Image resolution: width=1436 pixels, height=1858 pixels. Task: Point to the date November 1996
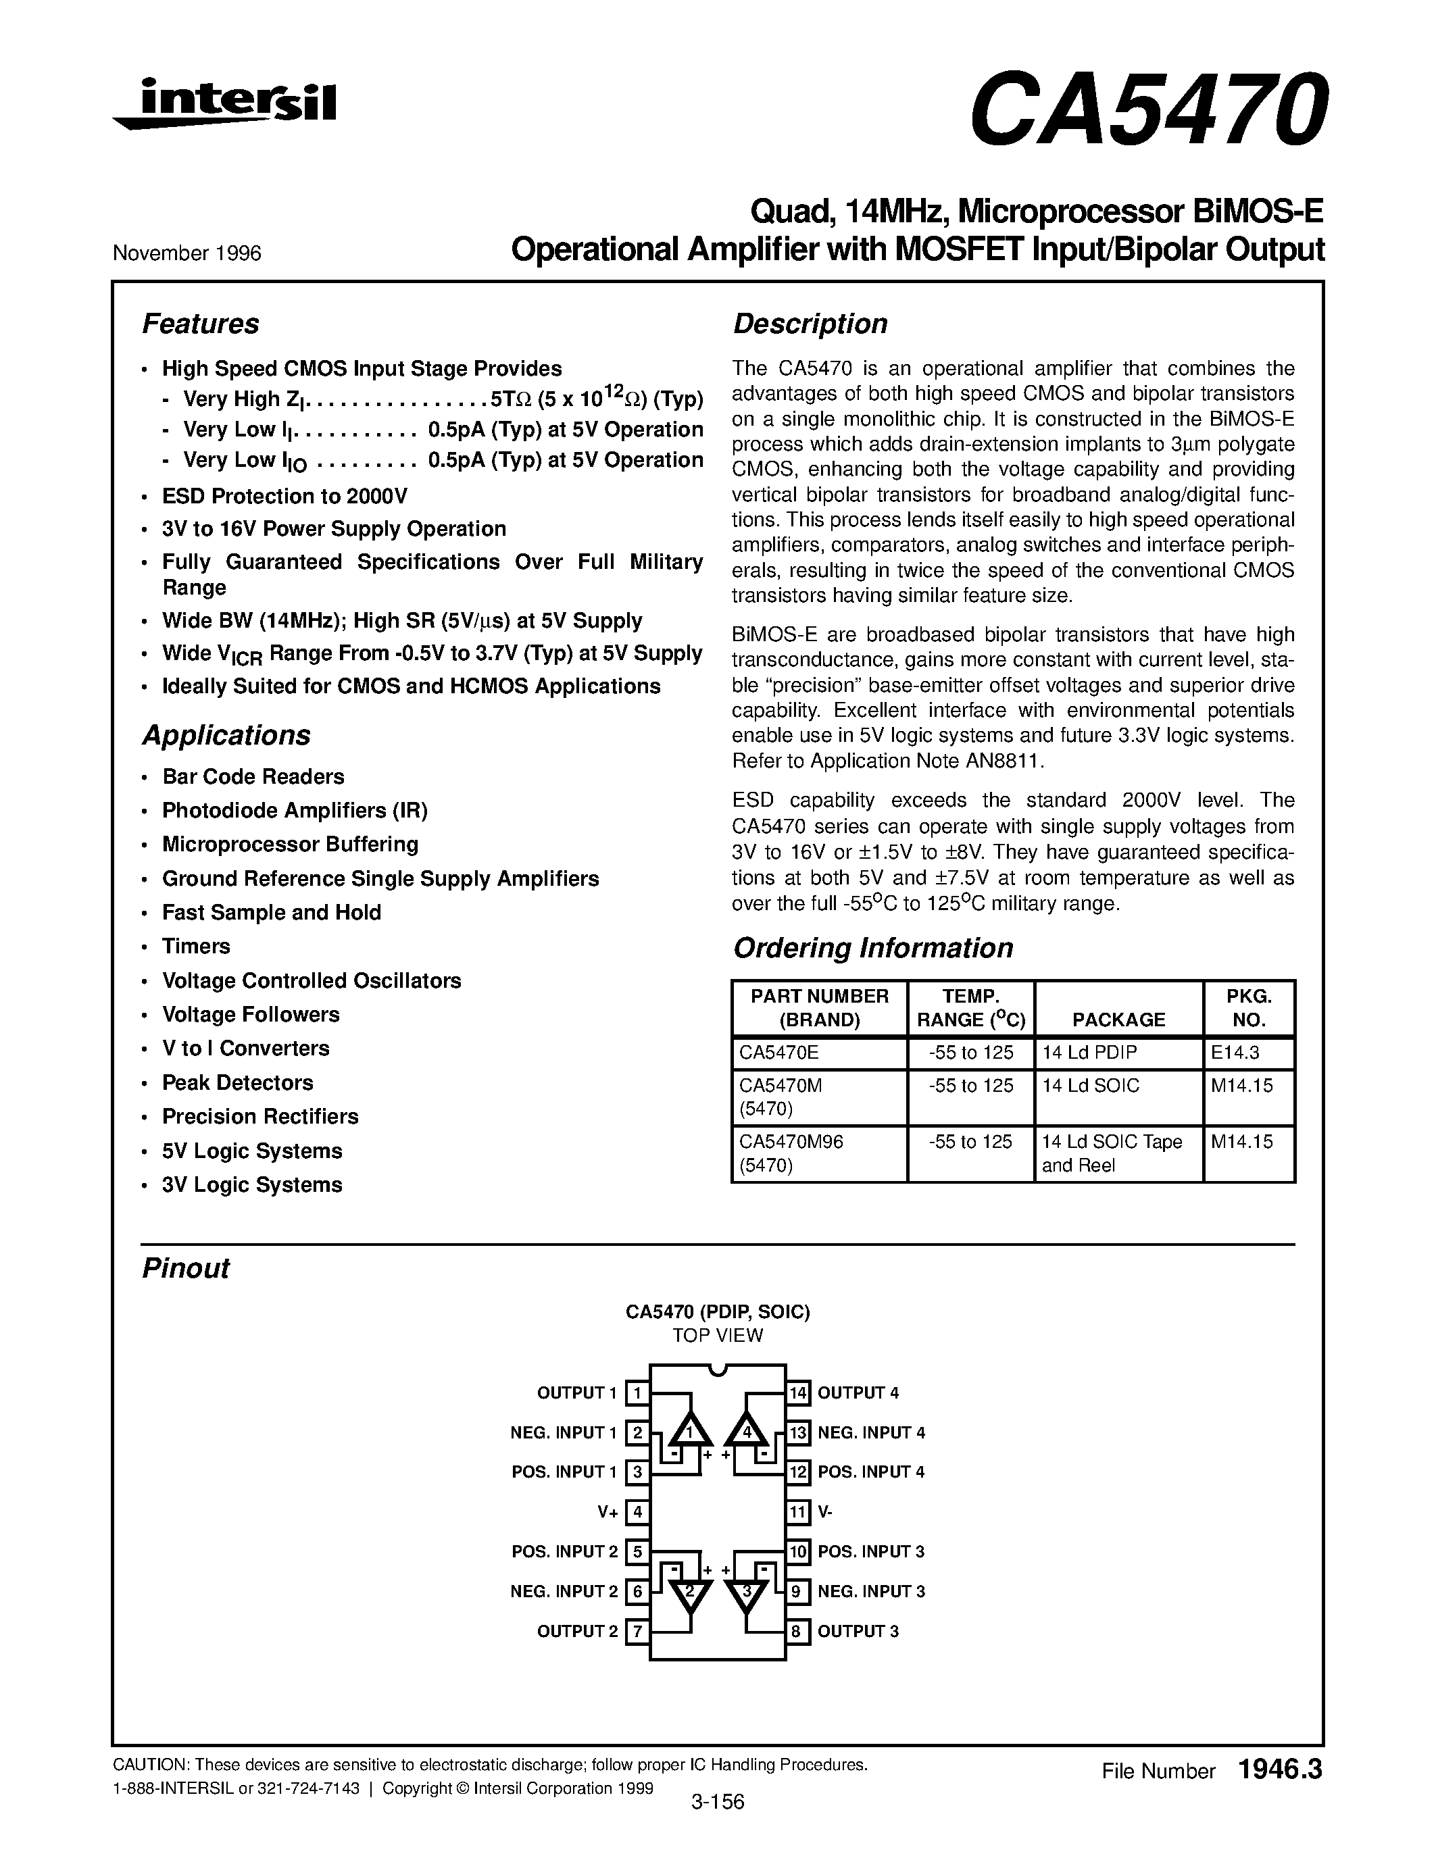pyautogui.click(x=187, y=253)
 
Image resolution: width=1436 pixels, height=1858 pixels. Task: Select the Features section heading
pyautogui.click(x=200, y=324)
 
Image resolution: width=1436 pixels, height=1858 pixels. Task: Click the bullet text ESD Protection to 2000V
pyautogui.click(x=285, y=496)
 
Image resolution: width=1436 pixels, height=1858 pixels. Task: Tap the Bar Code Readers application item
pyautogui.click(x=253, y=777)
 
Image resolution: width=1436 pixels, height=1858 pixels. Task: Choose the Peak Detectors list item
pyautogui.click(x=237, y=1083)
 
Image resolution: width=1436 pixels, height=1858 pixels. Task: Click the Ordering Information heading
pyautogui.click(x=873, y=948)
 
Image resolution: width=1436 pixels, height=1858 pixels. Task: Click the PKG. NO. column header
pyautogui.click(x=1248, y=1008)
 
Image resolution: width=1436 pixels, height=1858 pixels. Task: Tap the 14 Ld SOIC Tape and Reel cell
pyautogui.click(x=1112, y=1153)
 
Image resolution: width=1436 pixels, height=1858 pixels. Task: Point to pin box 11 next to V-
pyautogui.click(x=797, y=1513)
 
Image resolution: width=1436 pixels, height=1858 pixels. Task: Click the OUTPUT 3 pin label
pyautogui.click(x=858, y=1632)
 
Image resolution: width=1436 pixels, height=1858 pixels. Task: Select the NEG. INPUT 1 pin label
pyautogui.click(x=563, y=1432)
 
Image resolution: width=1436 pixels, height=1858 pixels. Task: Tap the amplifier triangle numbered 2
pyautogui.click(x=689, y=1593)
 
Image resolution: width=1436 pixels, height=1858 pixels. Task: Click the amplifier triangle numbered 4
pyautogui.click(x=747, y=1431)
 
